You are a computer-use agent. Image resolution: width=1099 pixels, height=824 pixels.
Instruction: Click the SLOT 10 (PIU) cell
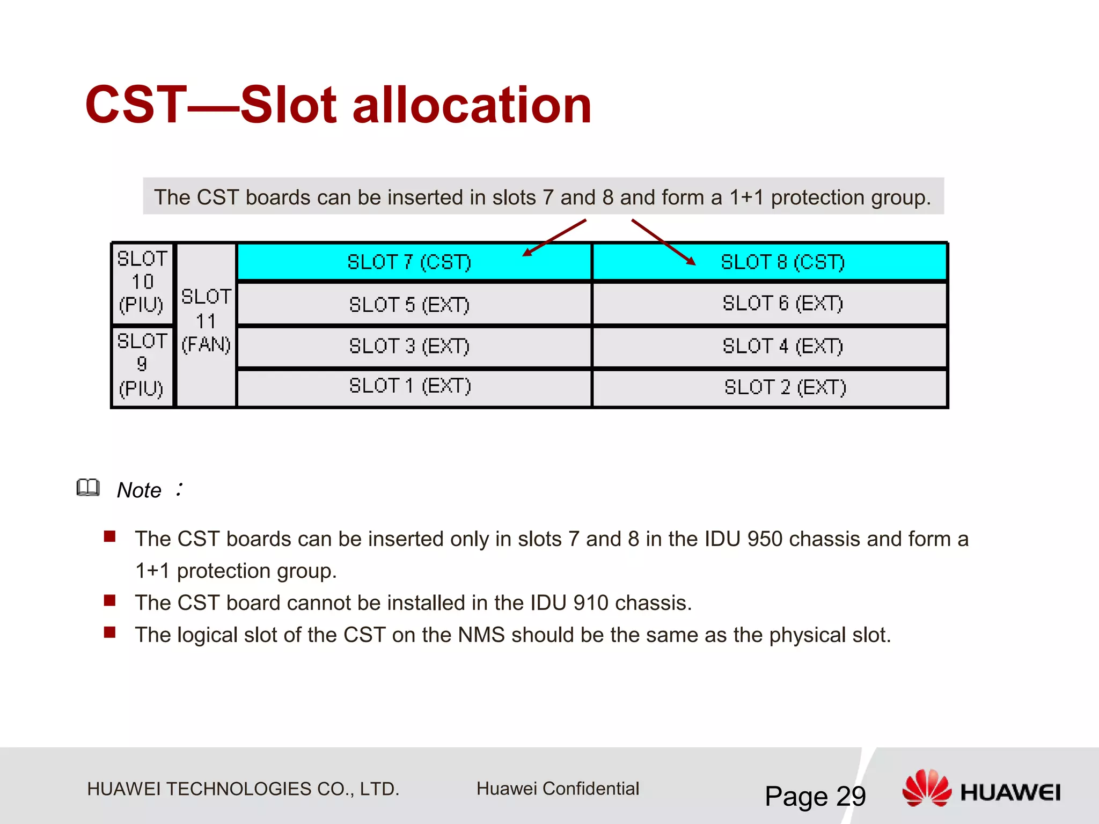tap(142, 282)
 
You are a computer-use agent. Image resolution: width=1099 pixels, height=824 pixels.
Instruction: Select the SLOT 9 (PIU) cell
tap(142, 365)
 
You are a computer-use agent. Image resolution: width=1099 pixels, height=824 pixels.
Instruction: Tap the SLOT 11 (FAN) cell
tap(206, 322)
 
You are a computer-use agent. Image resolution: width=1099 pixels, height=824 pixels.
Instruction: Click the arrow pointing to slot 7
tap(554, 238)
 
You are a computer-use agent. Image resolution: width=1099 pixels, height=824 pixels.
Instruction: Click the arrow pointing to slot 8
tap(663, 242)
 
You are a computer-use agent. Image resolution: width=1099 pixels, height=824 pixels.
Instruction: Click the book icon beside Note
tap(88, 487)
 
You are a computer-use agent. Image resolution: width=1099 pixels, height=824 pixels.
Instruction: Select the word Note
tap(139, 490)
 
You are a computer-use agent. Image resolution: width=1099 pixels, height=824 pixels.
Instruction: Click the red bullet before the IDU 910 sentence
tap(110, 600)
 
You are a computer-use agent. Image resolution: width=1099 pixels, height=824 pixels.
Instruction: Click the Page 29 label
tap(815, 796)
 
